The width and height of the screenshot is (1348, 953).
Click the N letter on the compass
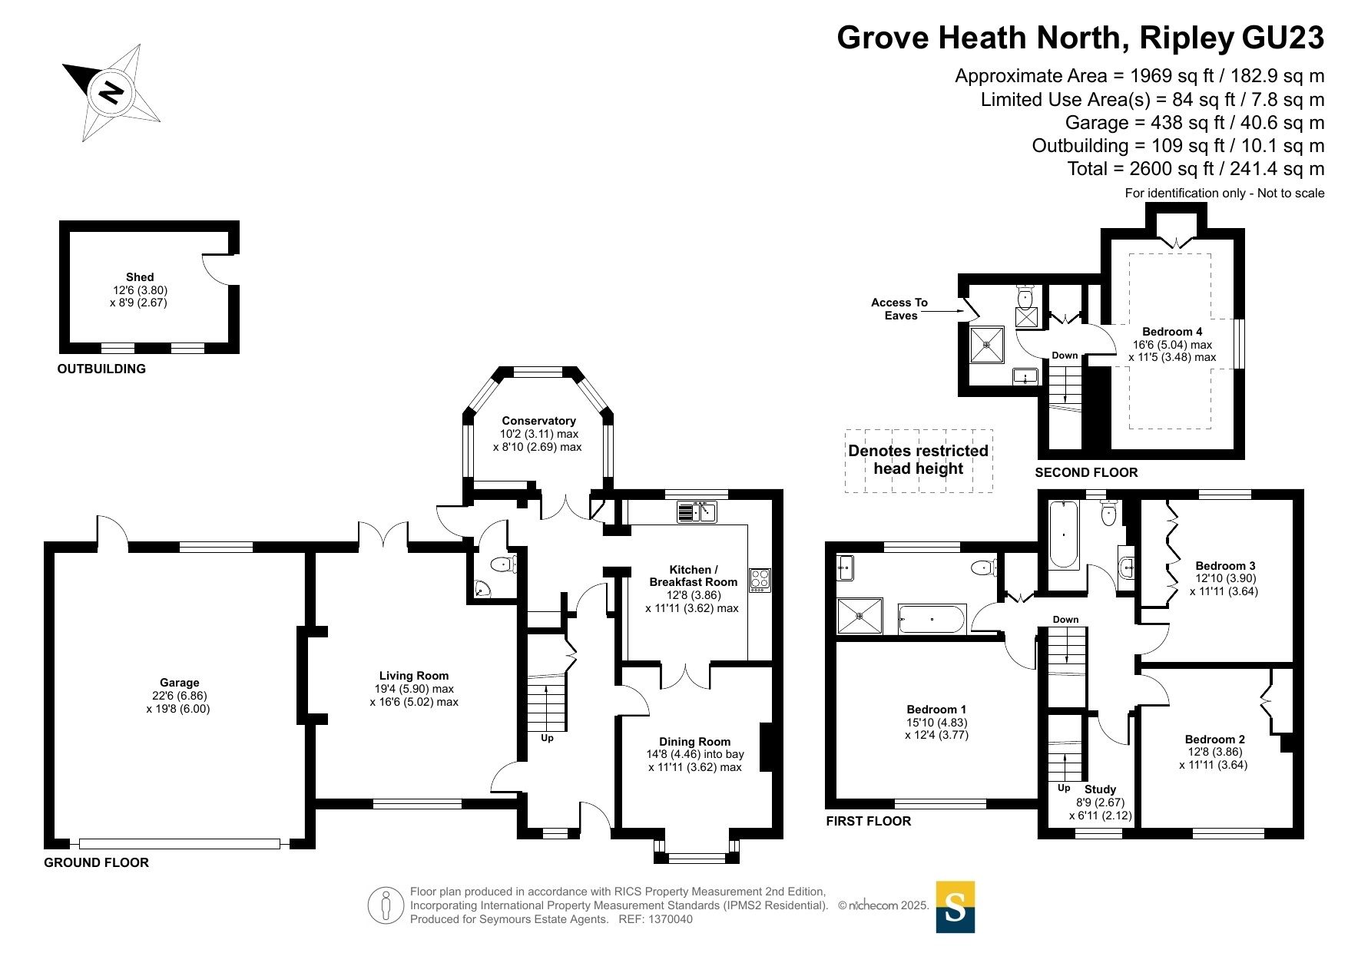tap(112, 92)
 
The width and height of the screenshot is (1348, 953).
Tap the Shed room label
tap(140, 277)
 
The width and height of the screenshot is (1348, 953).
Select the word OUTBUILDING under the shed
tap(101, 369)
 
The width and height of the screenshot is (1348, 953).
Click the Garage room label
tap(179, 683)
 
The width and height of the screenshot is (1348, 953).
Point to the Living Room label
tap(413, 676)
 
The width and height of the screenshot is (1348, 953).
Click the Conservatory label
tap(538, 421)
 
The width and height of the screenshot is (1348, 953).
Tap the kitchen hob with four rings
tap(760, 578)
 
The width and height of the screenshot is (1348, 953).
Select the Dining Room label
tap(694, 742)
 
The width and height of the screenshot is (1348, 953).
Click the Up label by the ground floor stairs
tap(547, 738)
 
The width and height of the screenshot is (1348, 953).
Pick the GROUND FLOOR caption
tap(96, 862)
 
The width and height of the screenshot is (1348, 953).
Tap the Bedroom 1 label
tap(936, 710)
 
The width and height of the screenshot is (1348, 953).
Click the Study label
tap(1100, 789)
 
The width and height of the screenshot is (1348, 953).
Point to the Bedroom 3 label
tap(1225, 566)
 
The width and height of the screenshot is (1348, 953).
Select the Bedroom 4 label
tap(1172, 332)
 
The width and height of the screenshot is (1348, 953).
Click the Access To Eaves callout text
tap(899, 309)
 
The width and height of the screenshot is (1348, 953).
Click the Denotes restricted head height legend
tap(919, 460)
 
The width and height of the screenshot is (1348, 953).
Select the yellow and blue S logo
tap(956, 907)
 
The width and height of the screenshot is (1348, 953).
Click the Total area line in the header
tap(1196, 169)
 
